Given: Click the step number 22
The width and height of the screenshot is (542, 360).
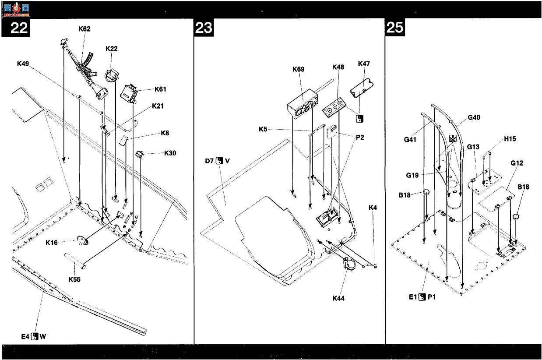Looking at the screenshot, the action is click(19, 28).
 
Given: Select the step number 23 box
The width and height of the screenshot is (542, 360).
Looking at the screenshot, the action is click(204, 28).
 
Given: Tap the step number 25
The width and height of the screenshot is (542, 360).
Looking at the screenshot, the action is click(395, 27).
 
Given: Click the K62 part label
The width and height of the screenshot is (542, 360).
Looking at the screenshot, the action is click(84, 29).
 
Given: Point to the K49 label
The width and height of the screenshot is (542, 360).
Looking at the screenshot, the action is click(23, 64).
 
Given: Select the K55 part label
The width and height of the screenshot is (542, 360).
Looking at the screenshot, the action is click(74, 279).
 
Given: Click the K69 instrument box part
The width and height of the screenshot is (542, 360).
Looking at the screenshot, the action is click(303, 104).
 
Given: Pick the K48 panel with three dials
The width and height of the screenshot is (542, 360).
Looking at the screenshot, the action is click(334, 107).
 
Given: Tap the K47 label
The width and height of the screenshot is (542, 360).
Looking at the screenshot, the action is click(364, 64).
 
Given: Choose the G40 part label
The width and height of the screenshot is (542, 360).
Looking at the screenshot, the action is click(474, 117).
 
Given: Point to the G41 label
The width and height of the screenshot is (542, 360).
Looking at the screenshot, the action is click(410, 139).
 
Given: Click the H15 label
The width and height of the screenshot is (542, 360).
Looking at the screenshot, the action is click(510, 139).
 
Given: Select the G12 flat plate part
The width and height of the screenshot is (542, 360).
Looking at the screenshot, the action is click(496, 199).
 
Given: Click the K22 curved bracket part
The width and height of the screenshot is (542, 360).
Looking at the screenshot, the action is click(112, 75).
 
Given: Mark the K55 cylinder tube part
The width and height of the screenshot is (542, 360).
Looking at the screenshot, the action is click(75, 260).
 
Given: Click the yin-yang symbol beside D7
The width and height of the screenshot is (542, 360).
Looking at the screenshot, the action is click(219, 161).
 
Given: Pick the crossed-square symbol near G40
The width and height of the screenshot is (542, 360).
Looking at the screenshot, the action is click(453, 138).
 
